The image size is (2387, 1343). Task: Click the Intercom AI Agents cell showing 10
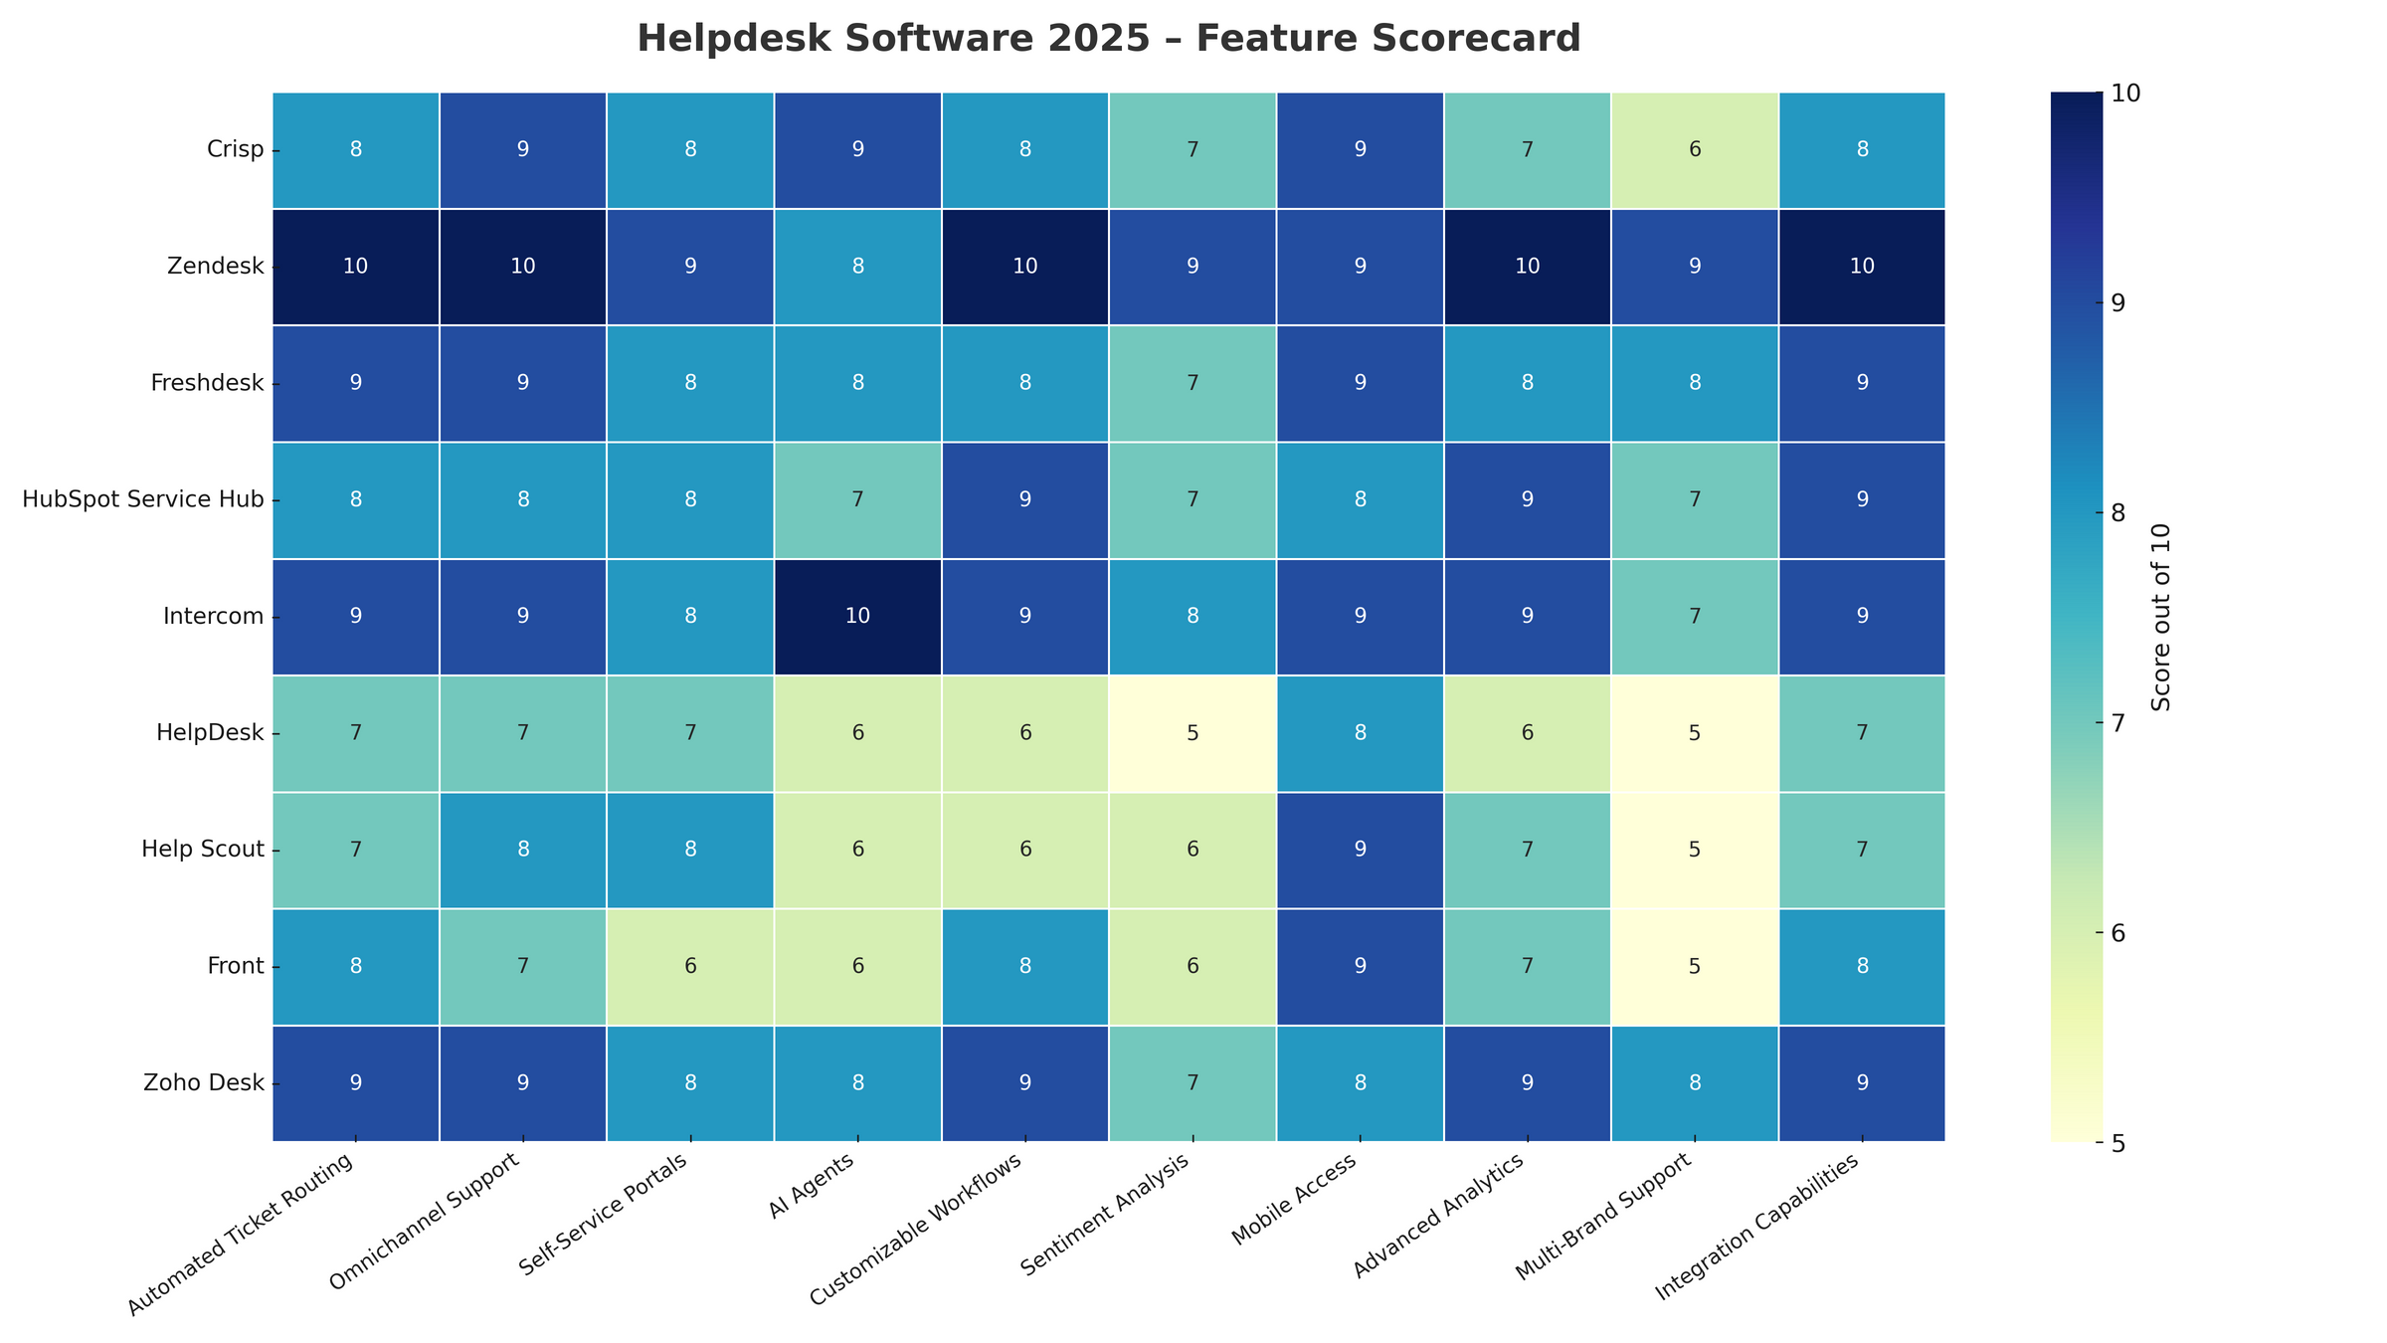857,617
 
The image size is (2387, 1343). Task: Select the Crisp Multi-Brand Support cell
1695,150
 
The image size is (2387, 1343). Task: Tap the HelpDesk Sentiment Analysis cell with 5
1193,733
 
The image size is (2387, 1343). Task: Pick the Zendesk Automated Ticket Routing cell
356,267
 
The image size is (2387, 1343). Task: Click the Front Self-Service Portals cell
690,966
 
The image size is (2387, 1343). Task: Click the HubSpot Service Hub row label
143,500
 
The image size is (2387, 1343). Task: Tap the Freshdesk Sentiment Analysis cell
1193,384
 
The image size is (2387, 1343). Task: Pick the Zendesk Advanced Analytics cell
1527,267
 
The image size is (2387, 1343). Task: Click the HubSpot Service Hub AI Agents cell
857,500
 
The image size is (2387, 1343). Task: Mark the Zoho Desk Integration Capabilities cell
1862,1083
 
